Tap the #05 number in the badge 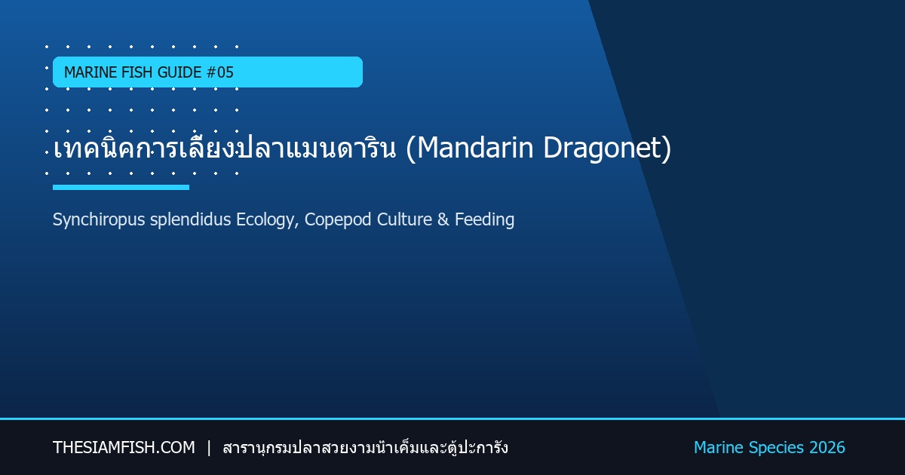[x=219, y=72]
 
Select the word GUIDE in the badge [x=179, y=72]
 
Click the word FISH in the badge [x=137, y=72]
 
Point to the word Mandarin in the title [x=475, y=148]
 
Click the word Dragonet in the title [x=603, y=149]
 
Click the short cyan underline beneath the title [x=121, y=188]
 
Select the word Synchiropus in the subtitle [x=99, y=219]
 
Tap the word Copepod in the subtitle [x=338, y=220]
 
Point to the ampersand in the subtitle [x=443, y=219]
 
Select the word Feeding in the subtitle [x=484, y=220]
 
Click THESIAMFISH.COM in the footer [x=124, y=448]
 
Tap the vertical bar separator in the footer [x=209, y=448]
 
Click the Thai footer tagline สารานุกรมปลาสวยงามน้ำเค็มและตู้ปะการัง [x=365, y=448]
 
